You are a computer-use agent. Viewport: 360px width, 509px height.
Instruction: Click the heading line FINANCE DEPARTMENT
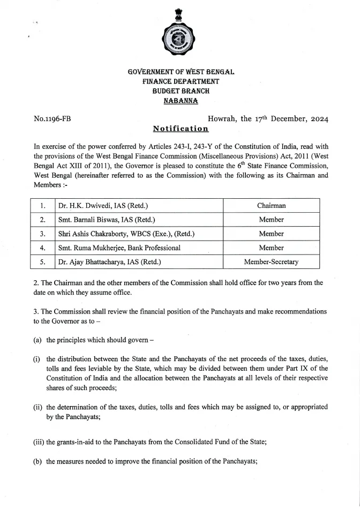(181, 81)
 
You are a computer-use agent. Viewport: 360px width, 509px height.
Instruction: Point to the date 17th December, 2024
(297, 119)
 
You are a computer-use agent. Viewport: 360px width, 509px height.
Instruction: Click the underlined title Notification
(181, 129)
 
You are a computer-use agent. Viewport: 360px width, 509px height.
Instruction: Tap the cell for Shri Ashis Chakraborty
(126, 234)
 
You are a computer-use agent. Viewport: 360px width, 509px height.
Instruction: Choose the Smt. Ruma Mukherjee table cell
(119, 248)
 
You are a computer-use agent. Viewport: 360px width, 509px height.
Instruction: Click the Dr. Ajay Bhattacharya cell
(110, 262)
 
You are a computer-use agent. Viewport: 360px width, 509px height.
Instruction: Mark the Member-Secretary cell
(271, 262)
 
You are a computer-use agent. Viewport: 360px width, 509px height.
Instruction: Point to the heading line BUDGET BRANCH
(181, 91)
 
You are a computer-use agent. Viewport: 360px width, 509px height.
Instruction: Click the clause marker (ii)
(37, 407)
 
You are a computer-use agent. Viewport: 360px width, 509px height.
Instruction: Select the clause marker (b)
(37, 461)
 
